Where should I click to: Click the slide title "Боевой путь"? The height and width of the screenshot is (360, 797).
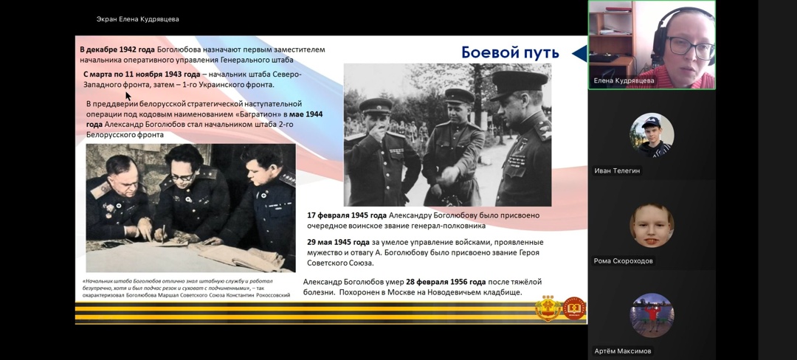click(510, 52)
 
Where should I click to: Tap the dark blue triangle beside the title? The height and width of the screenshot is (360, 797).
click(579, 53)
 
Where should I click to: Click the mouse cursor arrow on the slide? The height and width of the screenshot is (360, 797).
click(128, 97)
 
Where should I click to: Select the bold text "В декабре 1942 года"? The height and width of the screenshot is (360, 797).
click(117, 49)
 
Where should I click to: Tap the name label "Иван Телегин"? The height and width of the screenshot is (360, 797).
click(618, 171)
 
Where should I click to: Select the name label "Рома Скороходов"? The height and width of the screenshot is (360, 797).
click(624, 261)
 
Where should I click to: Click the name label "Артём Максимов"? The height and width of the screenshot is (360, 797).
click(623, 351)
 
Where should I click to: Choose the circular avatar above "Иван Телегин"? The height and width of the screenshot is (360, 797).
click(652, 135)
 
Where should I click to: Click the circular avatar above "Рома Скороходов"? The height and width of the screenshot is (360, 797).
click(652, 226)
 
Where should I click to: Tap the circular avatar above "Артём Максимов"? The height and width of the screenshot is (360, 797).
click(652, 315)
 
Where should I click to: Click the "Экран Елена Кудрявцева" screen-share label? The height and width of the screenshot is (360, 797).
click(138, 19)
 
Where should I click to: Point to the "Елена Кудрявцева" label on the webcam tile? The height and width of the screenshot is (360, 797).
click(624, 80)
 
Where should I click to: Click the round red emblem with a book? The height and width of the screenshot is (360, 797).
click(574, 308)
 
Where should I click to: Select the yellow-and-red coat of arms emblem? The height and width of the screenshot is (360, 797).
click(548, 308)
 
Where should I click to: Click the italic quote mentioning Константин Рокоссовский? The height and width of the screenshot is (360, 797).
click(186, 288)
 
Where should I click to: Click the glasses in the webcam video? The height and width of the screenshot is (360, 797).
click(690, 47)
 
